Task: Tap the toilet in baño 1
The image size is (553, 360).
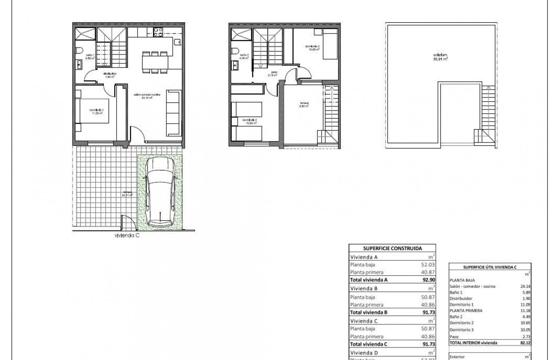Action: (x=80, y=51)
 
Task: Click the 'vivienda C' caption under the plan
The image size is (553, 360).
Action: (x=127, y=236)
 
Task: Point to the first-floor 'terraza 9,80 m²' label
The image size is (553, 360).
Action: (x=304, y=104)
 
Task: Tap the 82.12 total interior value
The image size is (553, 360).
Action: (x=523, y=342)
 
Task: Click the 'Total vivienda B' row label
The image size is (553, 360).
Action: (x=368, y=312)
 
